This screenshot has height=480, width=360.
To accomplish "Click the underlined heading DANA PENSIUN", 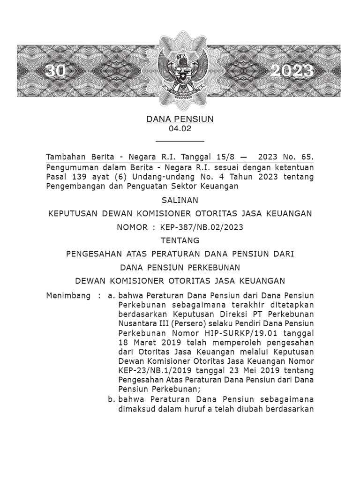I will click(180, 119).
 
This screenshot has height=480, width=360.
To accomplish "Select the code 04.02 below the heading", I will click(180, 128).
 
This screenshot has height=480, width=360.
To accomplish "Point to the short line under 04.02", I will click(180, 140).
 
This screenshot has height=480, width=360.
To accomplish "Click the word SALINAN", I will click(180, 200).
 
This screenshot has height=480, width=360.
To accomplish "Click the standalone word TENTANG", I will click(180, 240).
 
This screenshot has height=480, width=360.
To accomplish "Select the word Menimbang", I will click(68, 296).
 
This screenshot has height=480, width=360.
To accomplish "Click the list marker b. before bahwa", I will click(112, 399).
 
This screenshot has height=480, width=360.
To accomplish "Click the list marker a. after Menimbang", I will click(112, 296).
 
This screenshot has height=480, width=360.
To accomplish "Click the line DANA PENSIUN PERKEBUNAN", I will click(180, 268).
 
